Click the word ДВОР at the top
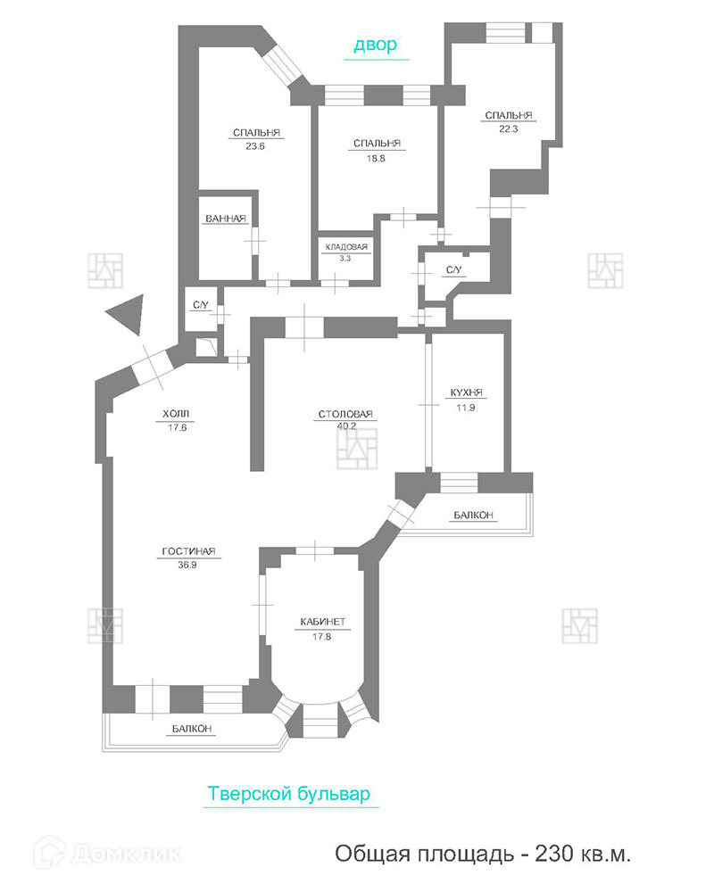[375, 45]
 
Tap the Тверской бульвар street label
[287, 794]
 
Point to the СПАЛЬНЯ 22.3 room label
[508, 121]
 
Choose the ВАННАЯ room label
[225, 219]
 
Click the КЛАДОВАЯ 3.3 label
[345, 252]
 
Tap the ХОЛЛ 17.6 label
[176, 419]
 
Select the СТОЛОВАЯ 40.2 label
[345, 419]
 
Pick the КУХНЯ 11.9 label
[467, 400]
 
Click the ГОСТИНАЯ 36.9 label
[189, 557]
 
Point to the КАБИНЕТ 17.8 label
[322, 628]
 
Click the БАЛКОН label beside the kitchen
[473, 516]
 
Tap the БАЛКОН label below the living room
[192, 729]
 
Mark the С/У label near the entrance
[200, 306]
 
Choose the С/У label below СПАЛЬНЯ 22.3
[453, 270]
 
